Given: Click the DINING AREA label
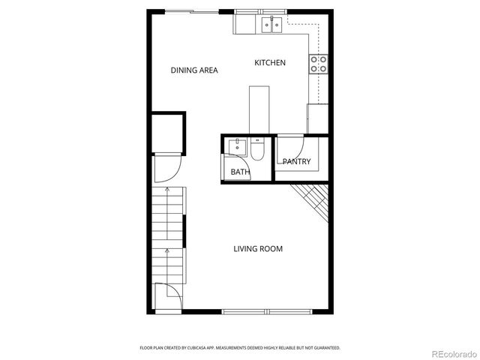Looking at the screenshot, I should [194, 70].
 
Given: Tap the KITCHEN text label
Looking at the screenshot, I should [269, 63].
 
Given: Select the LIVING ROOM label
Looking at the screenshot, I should [258, 249].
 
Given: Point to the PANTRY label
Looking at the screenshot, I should [296, 162].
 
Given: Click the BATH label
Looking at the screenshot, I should [240, 172].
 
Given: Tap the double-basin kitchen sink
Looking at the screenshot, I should [271, 25].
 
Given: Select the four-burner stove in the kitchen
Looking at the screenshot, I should [319, 64].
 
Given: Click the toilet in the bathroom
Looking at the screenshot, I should [257, 151].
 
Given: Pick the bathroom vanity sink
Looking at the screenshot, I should [239, 145].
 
